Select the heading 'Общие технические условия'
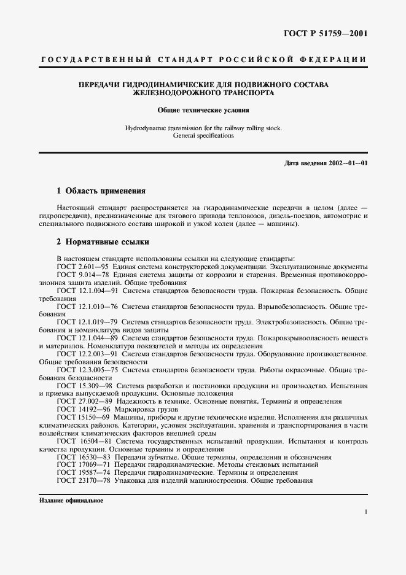click(203, 111)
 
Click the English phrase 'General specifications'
click(203, 136)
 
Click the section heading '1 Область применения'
click(101, 191)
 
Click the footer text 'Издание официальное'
click(71, 501)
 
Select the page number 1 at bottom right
click(365, 512)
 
